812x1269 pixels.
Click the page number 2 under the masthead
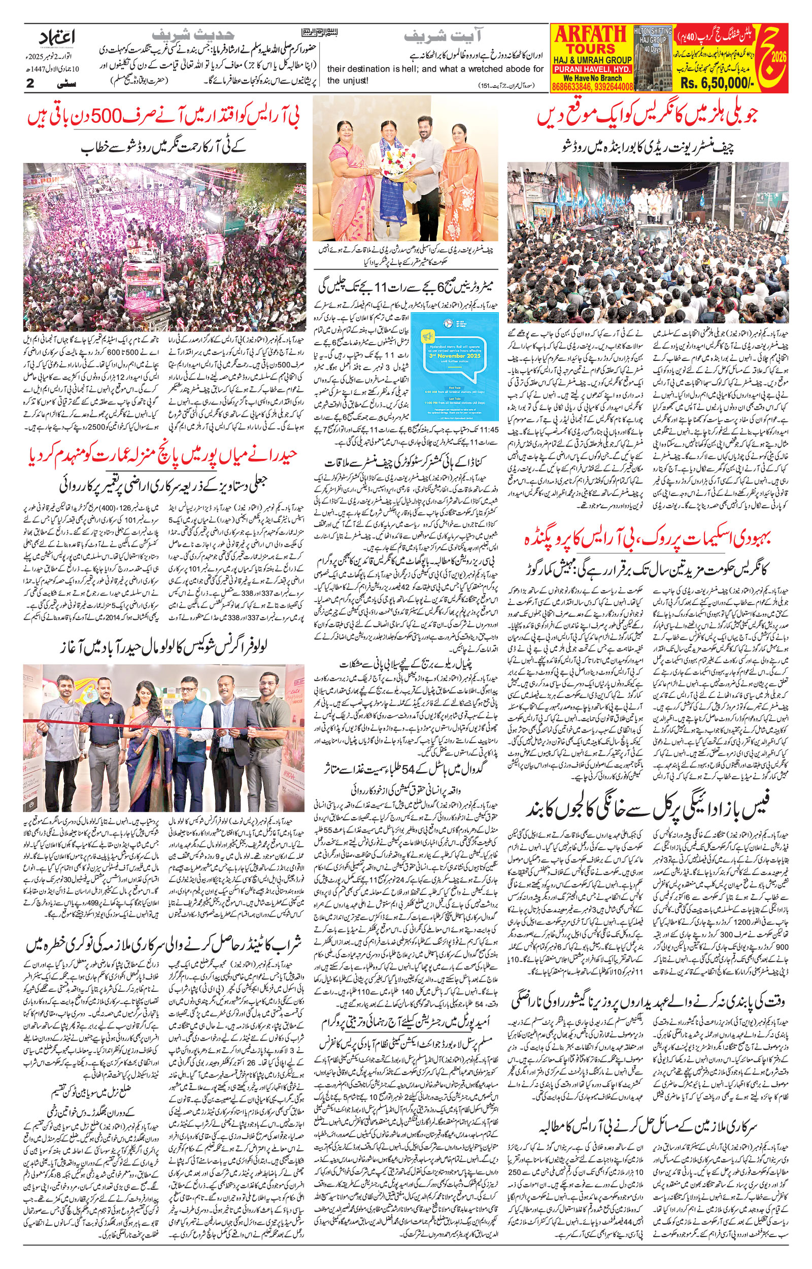point(30,83)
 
